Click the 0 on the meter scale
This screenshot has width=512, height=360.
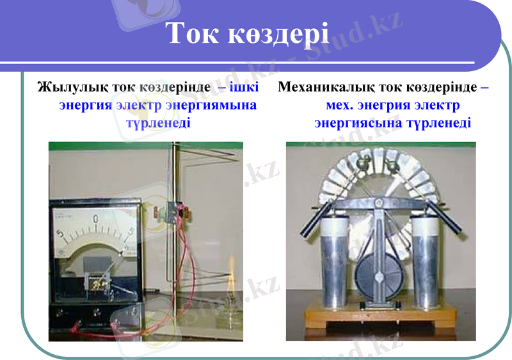tap(95, 220)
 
